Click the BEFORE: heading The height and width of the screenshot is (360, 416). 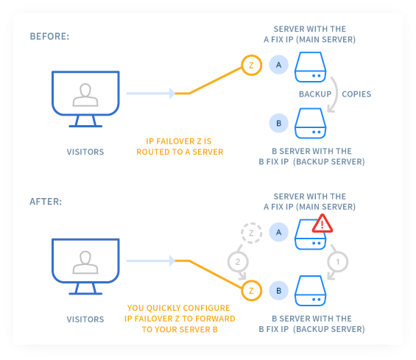pos(49,36)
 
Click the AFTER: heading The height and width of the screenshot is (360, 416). pos(46,202)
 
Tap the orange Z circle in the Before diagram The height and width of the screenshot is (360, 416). pos(252,55)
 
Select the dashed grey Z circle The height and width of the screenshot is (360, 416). pos(252,223)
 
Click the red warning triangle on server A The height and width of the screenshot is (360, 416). pos(322,223)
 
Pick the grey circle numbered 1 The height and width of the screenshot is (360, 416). pos(338,253)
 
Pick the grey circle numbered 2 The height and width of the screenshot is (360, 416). pos(238,253)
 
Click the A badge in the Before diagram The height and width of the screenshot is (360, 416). pos(278,65)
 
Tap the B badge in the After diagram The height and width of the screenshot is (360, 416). pos(278,291)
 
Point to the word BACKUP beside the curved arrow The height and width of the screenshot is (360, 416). pos(315,94)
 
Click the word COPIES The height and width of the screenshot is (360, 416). pos(356,94)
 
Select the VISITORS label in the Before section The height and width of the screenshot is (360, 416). pos(85,152)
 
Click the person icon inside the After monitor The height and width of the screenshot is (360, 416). pos(85,262)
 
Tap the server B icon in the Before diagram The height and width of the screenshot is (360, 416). pos(310,123)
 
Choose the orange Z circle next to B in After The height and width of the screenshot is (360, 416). pos(252,281)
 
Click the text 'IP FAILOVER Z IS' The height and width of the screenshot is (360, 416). pos(179,141)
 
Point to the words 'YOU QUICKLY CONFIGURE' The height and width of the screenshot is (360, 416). pos(179,308)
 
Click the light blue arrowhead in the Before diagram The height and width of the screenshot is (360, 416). pos(172,93)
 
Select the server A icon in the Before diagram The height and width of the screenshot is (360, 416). pos(310,67)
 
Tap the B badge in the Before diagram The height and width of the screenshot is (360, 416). pos(278,123)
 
